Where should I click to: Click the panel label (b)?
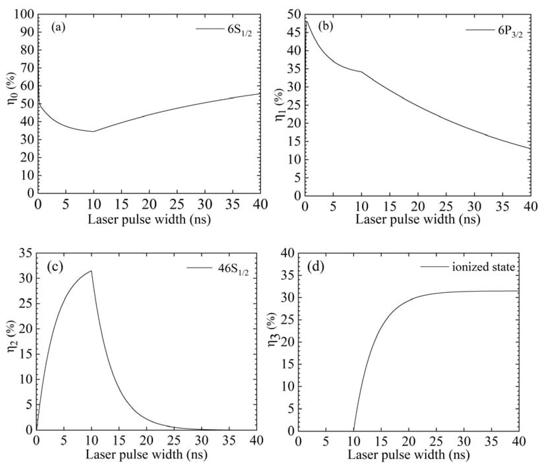click(x=326, y=27)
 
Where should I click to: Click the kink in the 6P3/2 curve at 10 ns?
click(x=361, y=72)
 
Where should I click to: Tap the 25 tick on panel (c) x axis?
click(x=174, y=440)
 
